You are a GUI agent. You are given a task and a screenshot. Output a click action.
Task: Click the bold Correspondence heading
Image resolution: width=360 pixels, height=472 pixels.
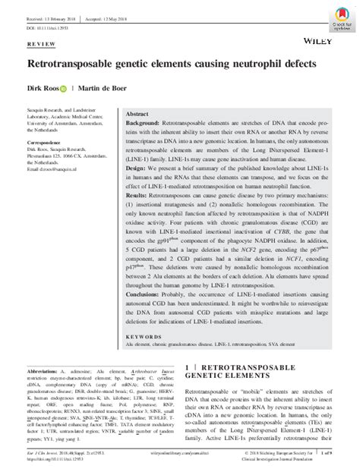[46, 143]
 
